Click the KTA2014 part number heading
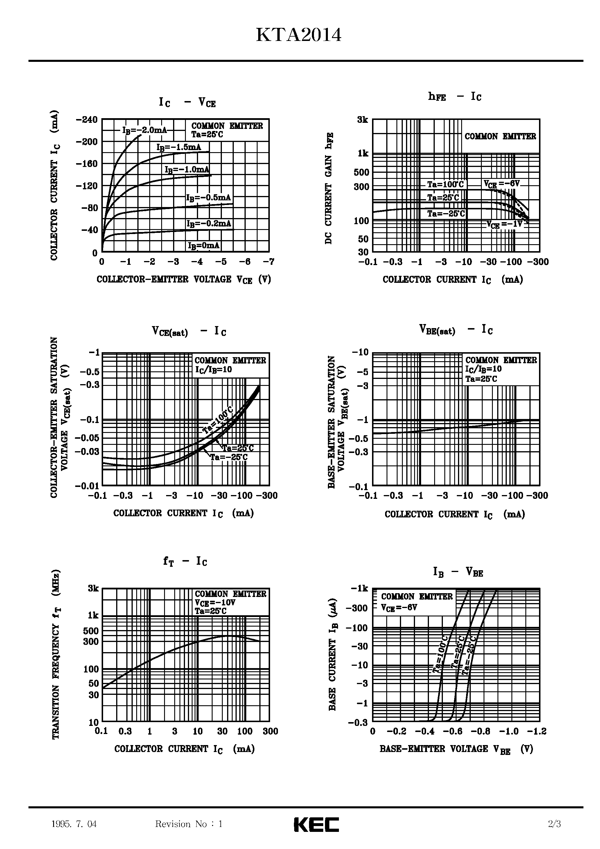299,36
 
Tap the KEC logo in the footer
316,824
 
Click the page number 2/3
554,824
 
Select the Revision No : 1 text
189,824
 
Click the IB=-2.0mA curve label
145,130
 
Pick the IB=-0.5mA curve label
208,198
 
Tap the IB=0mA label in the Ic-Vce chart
204,246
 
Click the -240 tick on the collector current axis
87,120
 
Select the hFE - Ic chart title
455,96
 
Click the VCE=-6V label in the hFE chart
502,184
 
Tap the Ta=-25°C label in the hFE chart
445,214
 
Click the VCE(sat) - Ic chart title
189,331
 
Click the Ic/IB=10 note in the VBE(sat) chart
484,369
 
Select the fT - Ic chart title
185,561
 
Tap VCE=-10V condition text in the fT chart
215,602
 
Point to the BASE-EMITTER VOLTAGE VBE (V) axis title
456,749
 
